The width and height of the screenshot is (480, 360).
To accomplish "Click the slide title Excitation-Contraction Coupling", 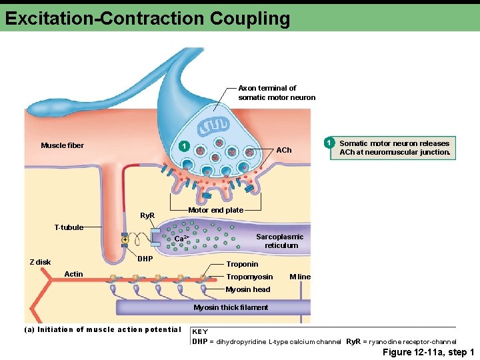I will click(147, 17).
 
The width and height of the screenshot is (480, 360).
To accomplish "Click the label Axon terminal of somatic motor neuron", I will click(276, 93).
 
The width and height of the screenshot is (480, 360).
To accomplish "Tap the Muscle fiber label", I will click(62, 145).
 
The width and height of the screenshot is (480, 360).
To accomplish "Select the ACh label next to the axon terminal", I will click(284, 150).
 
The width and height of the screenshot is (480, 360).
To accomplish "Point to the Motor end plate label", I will click(215, 210).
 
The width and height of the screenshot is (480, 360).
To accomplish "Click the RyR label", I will click(147, 216).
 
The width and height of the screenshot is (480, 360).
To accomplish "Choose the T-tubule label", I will click(69, 227).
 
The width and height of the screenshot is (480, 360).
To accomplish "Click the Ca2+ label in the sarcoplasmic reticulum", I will click(182, 239).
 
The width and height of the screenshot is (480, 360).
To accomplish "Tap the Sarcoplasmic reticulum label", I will click(280, 241).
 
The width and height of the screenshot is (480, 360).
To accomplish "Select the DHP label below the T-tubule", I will click(145, 258).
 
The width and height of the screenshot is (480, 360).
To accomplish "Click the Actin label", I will click(73, 274).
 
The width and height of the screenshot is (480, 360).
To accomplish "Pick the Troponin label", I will click(242, 264).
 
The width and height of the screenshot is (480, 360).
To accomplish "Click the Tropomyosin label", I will click(249, 277).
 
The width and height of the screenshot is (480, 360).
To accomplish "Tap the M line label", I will click(299, 277).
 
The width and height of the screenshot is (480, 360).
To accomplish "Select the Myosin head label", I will click(247, 289).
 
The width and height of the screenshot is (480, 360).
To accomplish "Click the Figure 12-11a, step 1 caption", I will click(428, 352).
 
